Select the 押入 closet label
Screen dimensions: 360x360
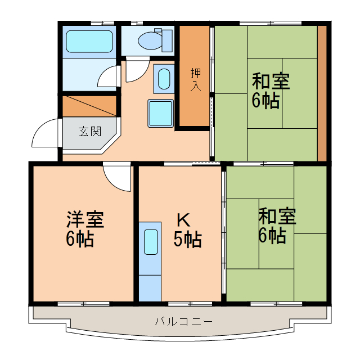195,79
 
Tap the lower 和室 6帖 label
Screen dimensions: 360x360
276,226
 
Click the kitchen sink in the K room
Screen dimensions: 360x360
151,242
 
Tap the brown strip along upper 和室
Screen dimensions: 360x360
322,93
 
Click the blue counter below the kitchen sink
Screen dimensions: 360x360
150,287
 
